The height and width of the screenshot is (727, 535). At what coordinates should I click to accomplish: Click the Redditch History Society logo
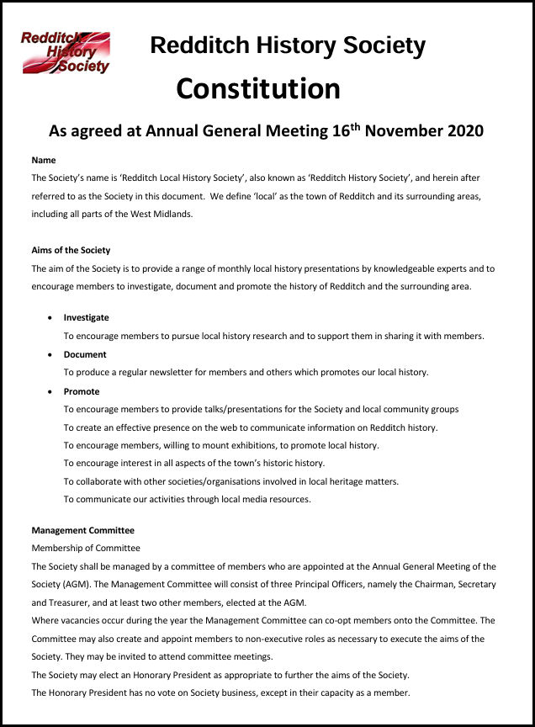coord(66,52)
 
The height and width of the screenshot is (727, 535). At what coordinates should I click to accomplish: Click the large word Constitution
coord(258,89)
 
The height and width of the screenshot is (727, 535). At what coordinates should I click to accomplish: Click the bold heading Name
coord(44,160)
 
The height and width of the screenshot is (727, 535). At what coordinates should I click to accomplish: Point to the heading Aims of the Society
coord(71,250)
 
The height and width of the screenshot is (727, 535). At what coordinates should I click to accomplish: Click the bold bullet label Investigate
coord(87,317)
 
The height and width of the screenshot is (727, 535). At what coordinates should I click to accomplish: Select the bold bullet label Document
coord(85,354)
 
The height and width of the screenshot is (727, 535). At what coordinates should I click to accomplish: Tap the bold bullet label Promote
coord(82,391)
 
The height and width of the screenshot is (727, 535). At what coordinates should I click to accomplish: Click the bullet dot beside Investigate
coord(51,318)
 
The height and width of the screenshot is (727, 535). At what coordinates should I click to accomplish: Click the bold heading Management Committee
coord(82,530)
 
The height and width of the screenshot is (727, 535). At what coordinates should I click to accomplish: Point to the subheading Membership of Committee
coord(86,549)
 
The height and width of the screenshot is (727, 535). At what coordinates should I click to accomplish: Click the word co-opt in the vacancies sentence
coord(365,621)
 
